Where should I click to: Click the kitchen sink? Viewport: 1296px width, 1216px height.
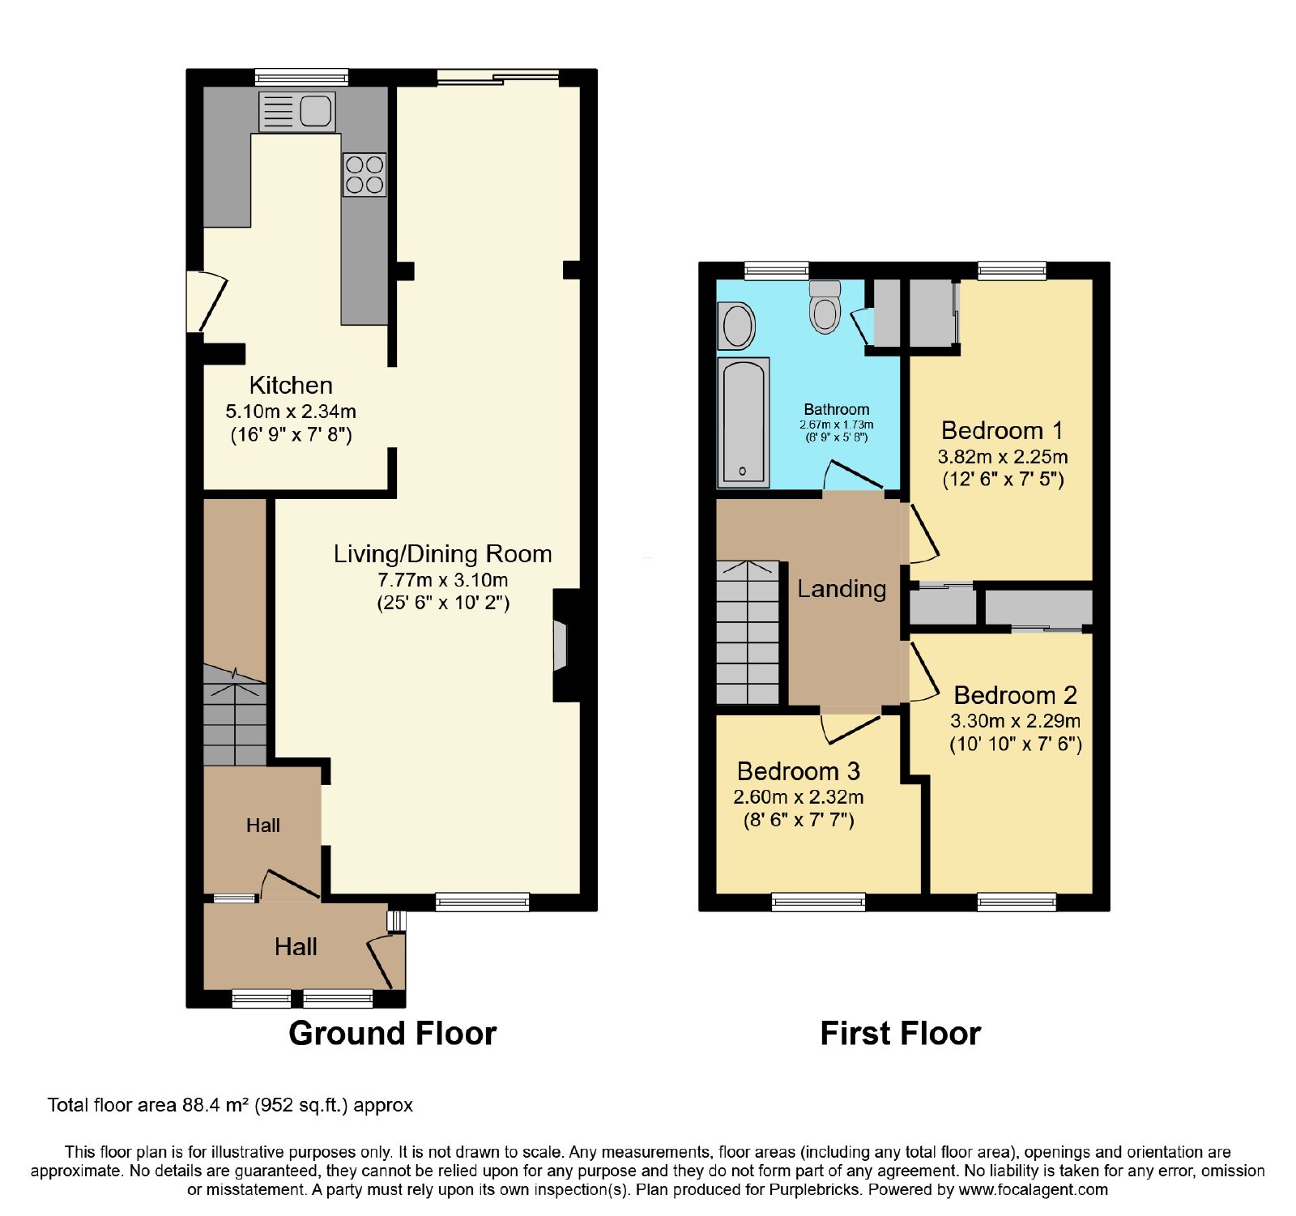click(296, 111)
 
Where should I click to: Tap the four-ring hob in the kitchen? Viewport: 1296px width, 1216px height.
click(364, 175)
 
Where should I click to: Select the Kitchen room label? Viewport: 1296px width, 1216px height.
click(291, 385)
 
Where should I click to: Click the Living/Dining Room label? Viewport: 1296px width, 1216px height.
click(443, 554)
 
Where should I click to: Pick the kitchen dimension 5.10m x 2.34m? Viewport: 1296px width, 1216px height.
click(291, 412)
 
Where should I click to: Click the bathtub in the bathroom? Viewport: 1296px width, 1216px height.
click(743, 423)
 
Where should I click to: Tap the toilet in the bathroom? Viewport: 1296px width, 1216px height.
click(825, 306)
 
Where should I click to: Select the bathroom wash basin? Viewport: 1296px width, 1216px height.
click(737, 326)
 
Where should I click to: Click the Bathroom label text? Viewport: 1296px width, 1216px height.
click(837, 409)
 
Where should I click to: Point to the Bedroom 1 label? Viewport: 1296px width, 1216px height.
click(1002, 430)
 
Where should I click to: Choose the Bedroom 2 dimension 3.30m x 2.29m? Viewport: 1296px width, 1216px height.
click(1016, 721)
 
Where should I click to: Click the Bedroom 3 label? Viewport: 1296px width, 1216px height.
click(799, 771)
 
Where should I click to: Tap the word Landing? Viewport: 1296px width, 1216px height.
click(842, 589)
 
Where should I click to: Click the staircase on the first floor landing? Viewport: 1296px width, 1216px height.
click(748, 632)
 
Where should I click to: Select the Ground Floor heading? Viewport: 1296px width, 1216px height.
click(393, 1034)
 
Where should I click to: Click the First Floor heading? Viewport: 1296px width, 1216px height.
click(901, 1034)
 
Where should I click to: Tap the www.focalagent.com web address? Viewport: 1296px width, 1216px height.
click(1033, 1190)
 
